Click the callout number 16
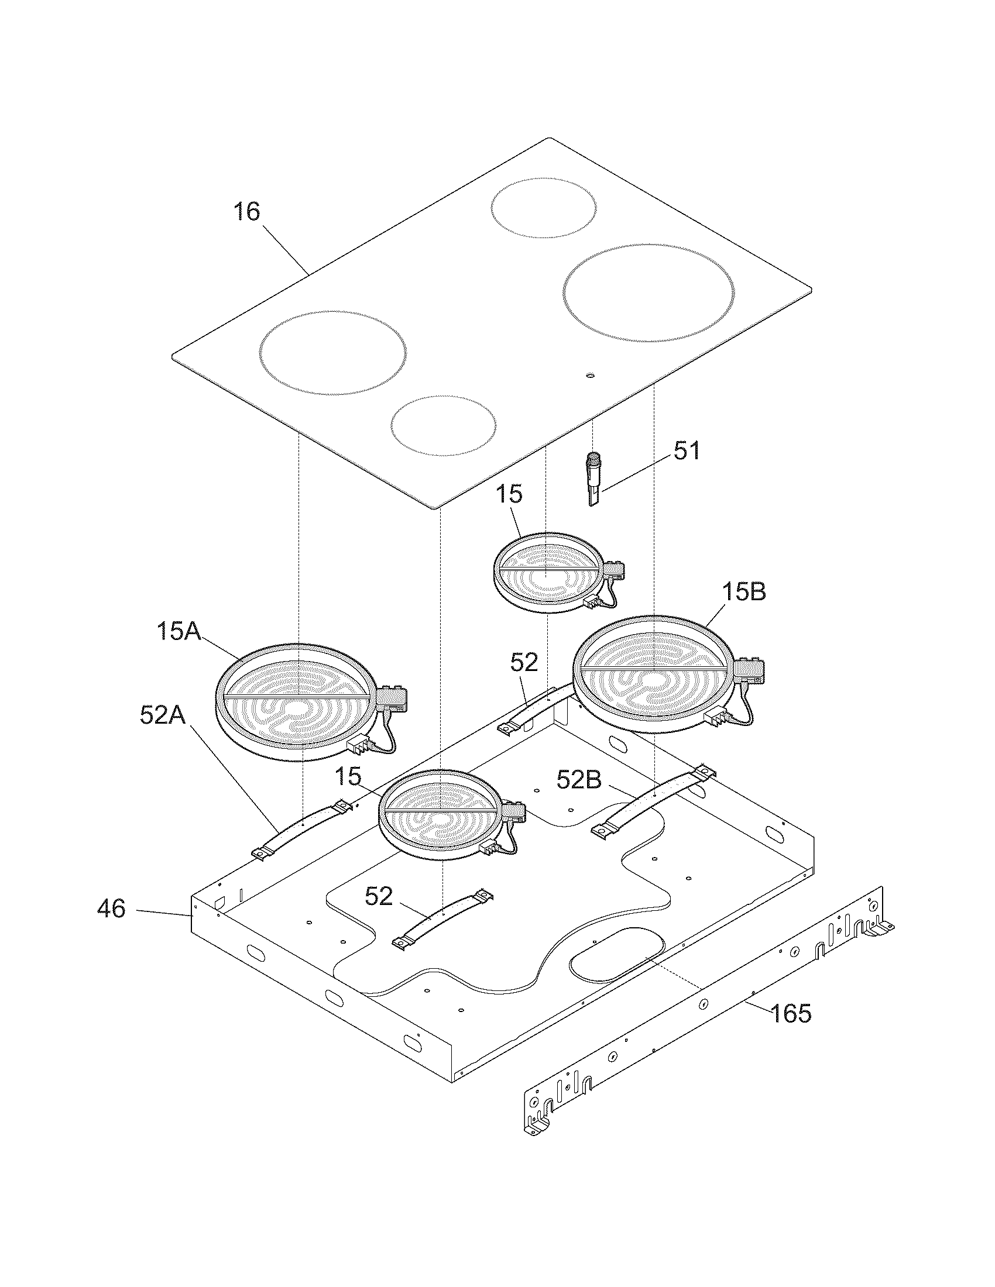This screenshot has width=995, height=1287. [x=246, y=212]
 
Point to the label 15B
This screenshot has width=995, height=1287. [x=744, y=592]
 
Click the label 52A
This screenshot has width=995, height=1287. [x=162, y=715]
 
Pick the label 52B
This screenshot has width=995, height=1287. [x=578, y=781]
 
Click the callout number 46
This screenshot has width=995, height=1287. [x=111, y=909]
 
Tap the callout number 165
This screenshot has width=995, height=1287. [x=790, y=1014]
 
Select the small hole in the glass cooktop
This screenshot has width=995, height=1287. [x=590, y=376]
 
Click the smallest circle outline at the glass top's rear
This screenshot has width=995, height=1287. [x=544, y=208]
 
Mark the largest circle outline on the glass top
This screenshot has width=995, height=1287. [x=649, y=292]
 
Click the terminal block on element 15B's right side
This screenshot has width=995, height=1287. [x=750, y=669]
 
